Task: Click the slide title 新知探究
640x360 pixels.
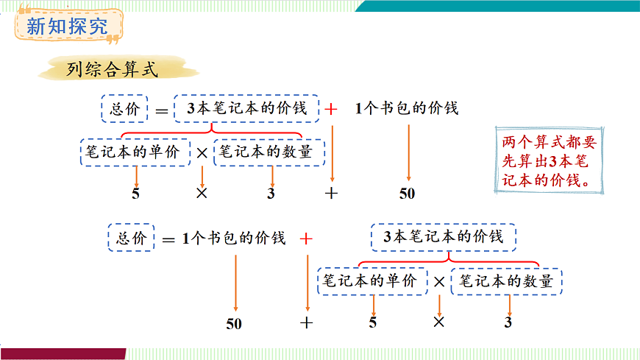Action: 67,27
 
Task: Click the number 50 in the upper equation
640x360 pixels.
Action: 407,194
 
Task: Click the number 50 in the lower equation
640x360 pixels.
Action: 234,323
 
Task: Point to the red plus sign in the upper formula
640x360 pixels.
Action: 332,109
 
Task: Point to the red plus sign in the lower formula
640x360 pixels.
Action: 306,239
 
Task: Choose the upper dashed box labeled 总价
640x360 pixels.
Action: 124,109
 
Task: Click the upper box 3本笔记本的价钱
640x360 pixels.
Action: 246,109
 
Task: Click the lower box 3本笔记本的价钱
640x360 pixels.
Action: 444,237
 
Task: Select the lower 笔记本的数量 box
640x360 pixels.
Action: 507,281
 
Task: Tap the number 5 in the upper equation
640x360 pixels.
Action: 135,194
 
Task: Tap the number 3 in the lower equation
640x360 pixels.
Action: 508,322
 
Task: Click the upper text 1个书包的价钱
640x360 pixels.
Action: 407,109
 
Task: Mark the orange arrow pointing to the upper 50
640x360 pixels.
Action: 408,152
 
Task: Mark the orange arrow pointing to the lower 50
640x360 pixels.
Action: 235,283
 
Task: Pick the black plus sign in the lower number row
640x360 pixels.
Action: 307,322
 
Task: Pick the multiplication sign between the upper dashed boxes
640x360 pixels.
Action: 202,153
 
